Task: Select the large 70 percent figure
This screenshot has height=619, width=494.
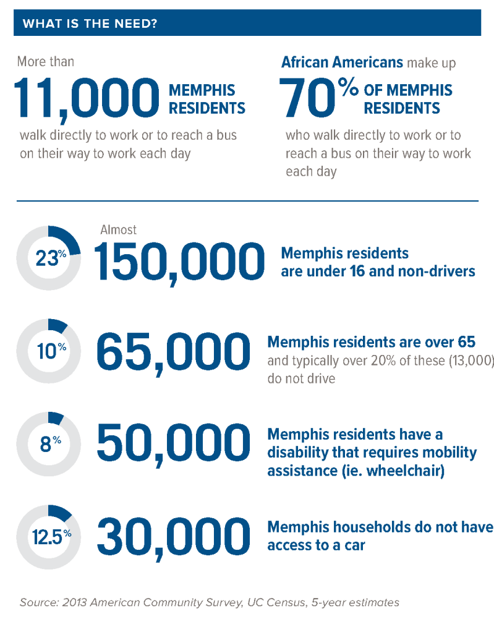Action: pyautogui.click(x=319, y=98)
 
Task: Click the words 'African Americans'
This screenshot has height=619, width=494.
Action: pyautogui.click(x=342, y=62)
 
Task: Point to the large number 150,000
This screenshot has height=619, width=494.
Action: pyautogui.click(x=176, y=261)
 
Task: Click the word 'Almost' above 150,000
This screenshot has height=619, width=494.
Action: pyautogui.click(x=119, y=230)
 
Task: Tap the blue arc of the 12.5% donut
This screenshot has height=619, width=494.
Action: pyautogui.click(x=61, y=512)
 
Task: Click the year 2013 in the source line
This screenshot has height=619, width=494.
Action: pyautogui.click(x=75, y=602)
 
